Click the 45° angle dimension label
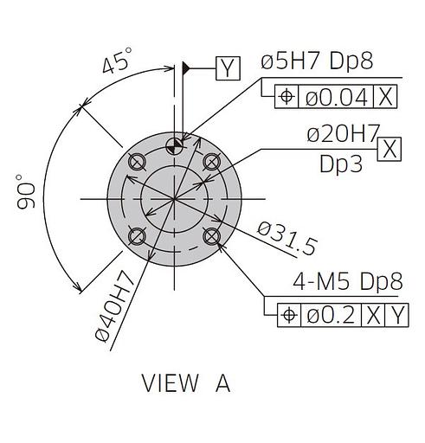tap(118, 61)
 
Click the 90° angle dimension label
tap(25, 191)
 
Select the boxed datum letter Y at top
tap(228, 68)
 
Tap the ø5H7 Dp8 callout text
tap(317, 61)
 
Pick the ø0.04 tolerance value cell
tap(336, 97)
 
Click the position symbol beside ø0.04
tap(287, 97)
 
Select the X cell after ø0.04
tap(385, 97)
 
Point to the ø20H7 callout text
tap(343, 134)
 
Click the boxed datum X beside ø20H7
tap(390, 149)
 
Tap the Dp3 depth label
tap(341, 164)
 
